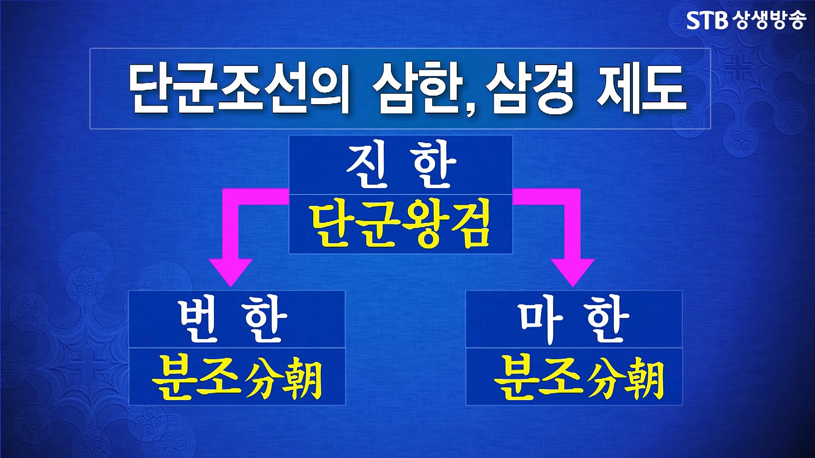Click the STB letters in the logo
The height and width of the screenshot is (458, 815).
pyautogui.click(x=708, y=20)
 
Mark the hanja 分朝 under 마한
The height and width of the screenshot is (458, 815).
pyautogui.click(x=626, y=378)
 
